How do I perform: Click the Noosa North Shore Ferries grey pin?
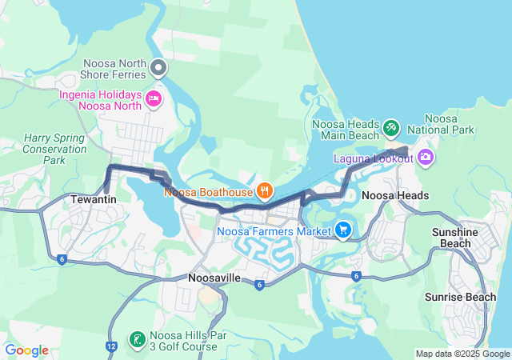pyautogui.click(x=159, y=67)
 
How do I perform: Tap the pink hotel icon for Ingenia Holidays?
pyautogui.click(x=154, y=99)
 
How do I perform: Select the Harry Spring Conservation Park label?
pyautogui.click(x=54, y=149)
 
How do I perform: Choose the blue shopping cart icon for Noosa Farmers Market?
pyautogui.click(x=343, y=230)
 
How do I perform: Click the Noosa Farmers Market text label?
pyautogui.click(x=274, y=232)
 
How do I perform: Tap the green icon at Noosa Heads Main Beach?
pyautogui.click(x=390, y=126)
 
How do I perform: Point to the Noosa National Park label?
pyautogui.click(x=441, y=124)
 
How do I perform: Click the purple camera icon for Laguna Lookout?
pyautogui.click(x=426, y=156)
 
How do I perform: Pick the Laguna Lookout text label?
pyautogui.click(x=372, y=159)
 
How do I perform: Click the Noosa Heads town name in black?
pyautogui.click(x=395, y=195)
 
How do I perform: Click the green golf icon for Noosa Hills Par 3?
pyautogui.click(x=137, y=340)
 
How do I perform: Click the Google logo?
pyautogui.click(x=26, y=350)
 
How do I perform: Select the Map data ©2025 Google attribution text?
pyautogui.click(x=462, y=354)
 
